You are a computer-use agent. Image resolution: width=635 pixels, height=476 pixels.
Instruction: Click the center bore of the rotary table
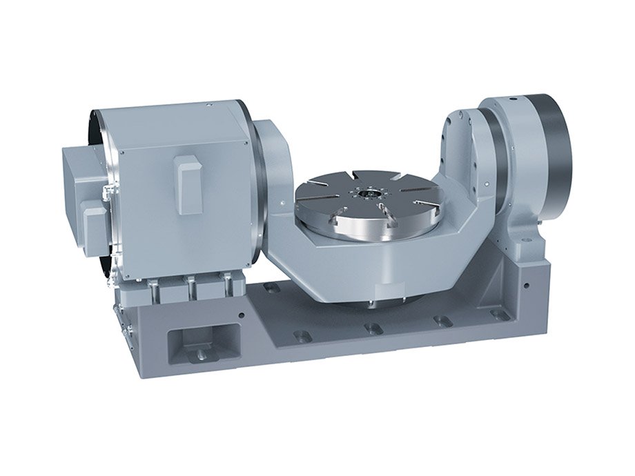tap(364, 196)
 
